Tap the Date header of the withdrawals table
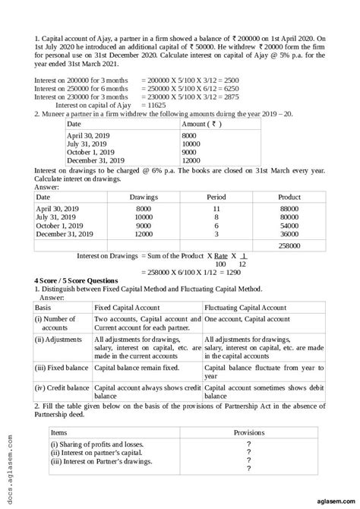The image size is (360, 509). (74, 123)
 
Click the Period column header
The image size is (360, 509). (216, 197)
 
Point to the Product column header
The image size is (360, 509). (289, 197)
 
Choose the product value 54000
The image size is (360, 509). (289, 226)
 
